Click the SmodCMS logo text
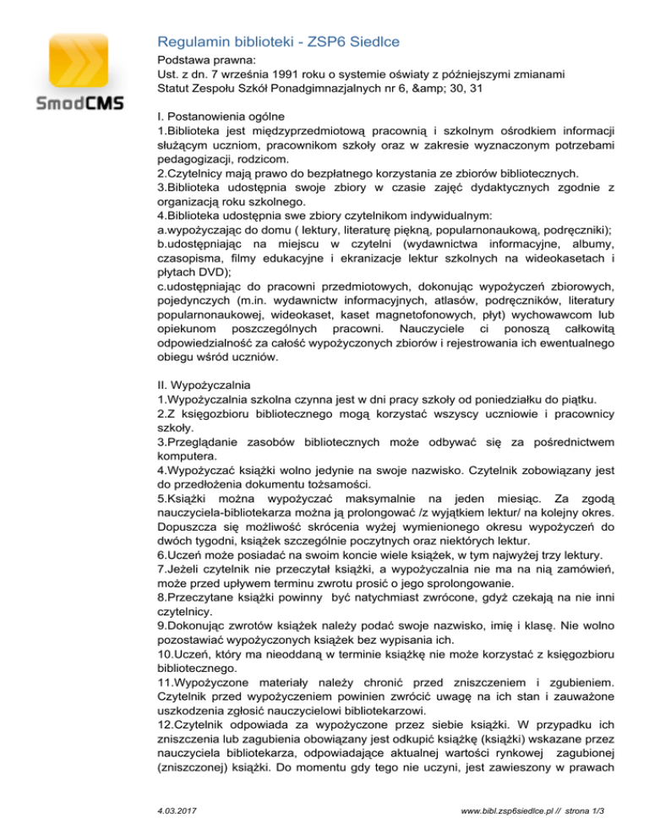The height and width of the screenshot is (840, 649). [68, 103]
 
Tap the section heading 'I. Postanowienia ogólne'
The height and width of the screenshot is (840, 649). [221, 116]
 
